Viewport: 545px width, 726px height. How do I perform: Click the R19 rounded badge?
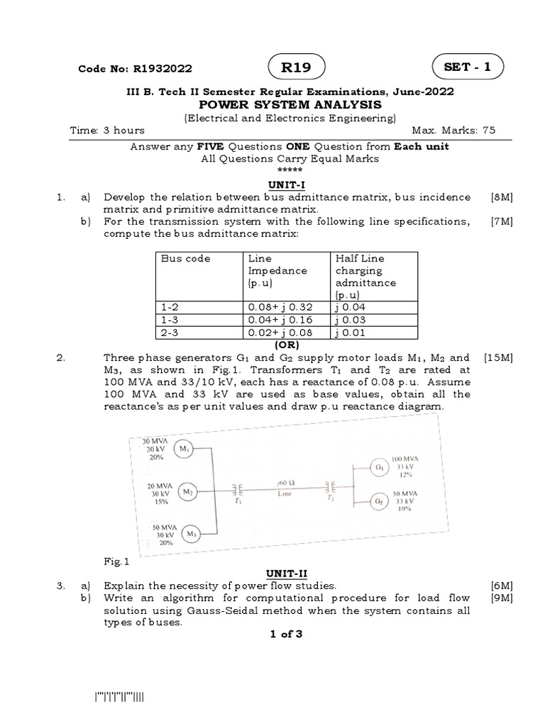tap(297, 68)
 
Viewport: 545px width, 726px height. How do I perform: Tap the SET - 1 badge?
tap(468, 67)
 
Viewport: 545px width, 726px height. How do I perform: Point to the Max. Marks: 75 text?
tap(453, 130)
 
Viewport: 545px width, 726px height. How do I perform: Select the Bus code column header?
tap(186, 259)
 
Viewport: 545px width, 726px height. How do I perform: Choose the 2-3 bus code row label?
tap(168, 332)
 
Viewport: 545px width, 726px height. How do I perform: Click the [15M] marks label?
tap(498, 358)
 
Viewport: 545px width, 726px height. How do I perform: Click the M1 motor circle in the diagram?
tap(183, 448)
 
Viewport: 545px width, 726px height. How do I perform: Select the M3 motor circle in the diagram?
tap(191, 534)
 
